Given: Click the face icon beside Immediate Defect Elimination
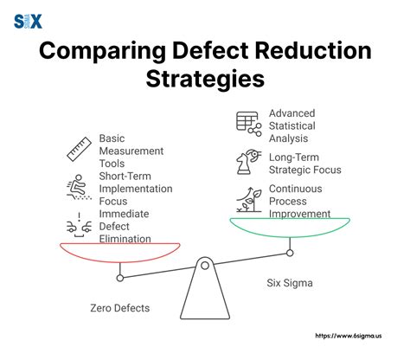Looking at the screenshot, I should (79, 226).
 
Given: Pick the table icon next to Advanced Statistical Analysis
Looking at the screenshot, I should (248, 124).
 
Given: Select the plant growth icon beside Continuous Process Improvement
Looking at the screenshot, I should (248, 199).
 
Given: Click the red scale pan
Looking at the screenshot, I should (119, 252).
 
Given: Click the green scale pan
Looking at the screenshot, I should (290, 226).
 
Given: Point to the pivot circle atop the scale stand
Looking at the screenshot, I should (205, 265).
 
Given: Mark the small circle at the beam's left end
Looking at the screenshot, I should (120, 278).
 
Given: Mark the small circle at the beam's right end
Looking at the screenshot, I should (290, 253).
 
